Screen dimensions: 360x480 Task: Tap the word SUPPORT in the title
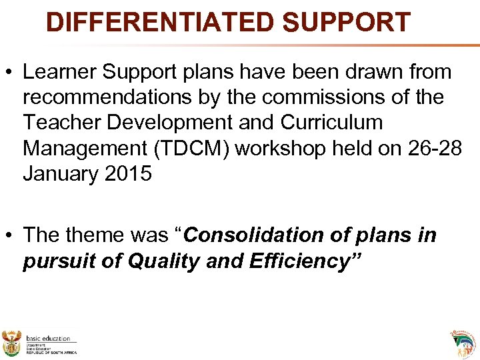346,23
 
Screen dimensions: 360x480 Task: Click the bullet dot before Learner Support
11,73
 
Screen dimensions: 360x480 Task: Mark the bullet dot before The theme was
11,236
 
